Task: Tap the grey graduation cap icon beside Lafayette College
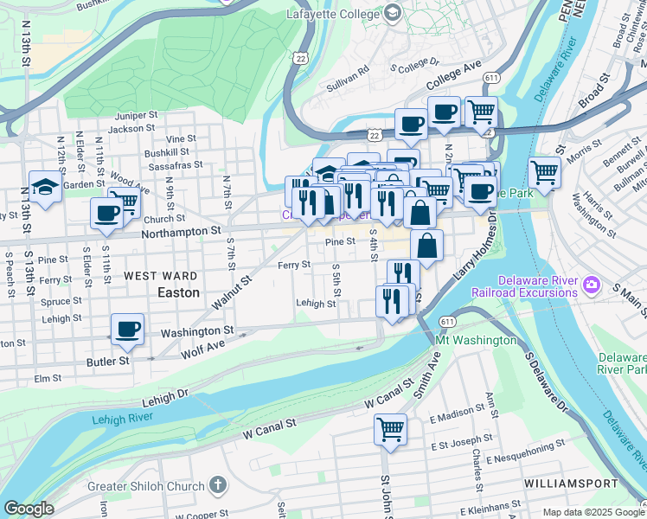pyautogui.click(x=393, y=12)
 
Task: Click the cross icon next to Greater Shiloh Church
pyautogui.click(x=217, y=485)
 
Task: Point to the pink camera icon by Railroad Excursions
pyautogui.click(x=592, y=283)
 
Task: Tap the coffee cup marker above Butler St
pyautogui.click(x=127, y=329)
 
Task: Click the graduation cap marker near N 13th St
pyautogui.click(x=44, y=186)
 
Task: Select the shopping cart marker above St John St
pyautogui.click(x=390, y=427)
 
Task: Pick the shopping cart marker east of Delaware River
pyautogui.click(x=544, y=171)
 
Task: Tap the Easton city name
pyautogui.click(x=178, y=292)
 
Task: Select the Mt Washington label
pyautogui.click(x=475, y=340)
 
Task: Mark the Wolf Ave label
pyautogui.click(x=202, y=349)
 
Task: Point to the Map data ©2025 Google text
pyautogui.click(x=593, y=512)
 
